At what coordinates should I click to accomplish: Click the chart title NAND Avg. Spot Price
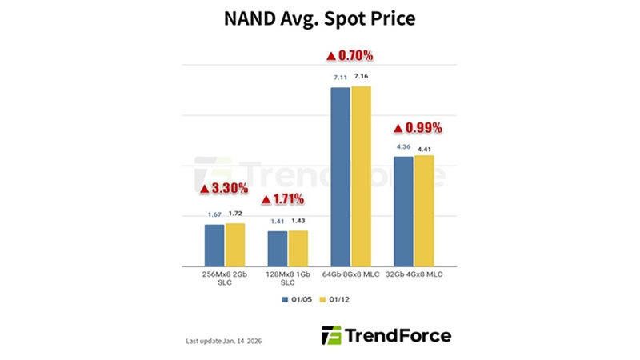[x=320, y=19]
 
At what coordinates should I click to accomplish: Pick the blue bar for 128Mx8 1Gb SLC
[x=277, y=248]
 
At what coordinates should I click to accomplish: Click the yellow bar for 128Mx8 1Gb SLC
[x=298, y=248]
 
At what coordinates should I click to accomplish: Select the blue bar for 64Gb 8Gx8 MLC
[x=340, y=176]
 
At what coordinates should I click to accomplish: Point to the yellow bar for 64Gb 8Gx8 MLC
[x=362, y=176]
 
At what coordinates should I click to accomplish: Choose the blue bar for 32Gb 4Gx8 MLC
[x=403, y=210]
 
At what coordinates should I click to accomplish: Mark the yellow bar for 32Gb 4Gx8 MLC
[x=424, y=210]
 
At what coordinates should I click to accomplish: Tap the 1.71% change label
[x=286, y=197]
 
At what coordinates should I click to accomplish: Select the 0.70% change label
[x=350, y=56]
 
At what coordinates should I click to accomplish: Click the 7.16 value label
[x=362, y=77]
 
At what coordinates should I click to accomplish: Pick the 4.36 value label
[x=403, y=146]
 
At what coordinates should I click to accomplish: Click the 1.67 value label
[x=214, y=214]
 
